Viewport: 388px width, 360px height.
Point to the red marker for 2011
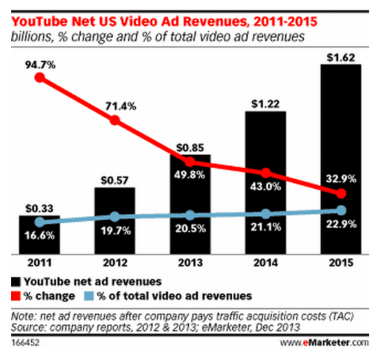(x=40, y=78)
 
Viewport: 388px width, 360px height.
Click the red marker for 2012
(x=114, y=121)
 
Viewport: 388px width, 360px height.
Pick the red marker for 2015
(x=341, y=194)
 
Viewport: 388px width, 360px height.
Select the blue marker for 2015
(x=341, y=210)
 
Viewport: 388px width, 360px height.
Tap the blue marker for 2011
(x=40, y=222)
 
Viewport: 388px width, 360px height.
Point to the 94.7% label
(x=39, y=63)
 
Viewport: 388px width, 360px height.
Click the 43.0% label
(x=265, y=186)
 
